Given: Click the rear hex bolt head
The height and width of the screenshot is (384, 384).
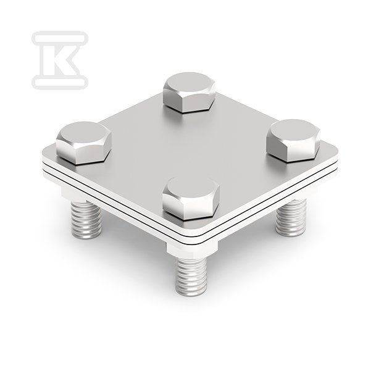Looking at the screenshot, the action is click(190, 93).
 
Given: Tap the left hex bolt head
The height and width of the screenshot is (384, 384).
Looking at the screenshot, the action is click(84, 143).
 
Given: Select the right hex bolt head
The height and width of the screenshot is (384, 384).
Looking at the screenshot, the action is click(293, 140).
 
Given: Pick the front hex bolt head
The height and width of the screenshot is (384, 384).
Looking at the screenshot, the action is click(191, 198).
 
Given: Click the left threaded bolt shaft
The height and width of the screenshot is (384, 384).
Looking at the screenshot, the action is click(86, 220).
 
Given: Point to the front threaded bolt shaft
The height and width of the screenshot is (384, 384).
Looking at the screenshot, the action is click(191, 276).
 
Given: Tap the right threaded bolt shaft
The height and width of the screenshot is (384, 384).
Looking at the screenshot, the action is click(291, 217).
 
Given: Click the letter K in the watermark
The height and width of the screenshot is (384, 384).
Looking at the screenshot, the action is click(60, 60).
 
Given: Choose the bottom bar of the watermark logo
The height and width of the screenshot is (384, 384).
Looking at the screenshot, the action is click(60, 83).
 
